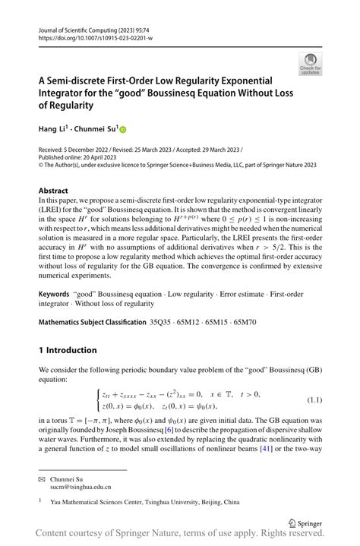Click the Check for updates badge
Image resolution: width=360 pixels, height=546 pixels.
tap(311, 64)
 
